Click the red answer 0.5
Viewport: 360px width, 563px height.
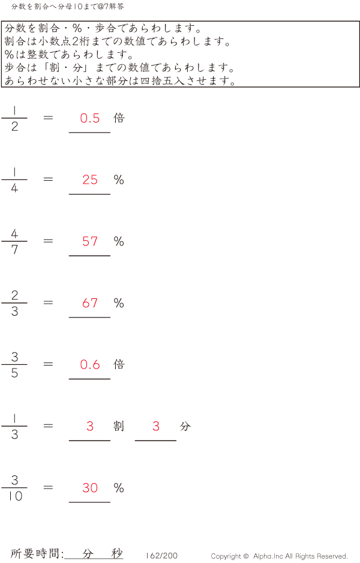click(90, 118)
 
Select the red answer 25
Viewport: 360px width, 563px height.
click(90, 180)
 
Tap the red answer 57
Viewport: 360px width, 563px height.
click(90, 241)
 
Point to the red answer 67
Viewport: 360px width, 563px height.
click(90, 303)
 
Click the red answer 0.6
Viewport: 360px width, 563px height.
click(90, 364)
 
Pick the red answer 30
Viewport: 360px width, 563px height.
click(90, 488)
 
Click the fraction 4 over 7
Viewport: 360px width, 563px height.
click(14, 241)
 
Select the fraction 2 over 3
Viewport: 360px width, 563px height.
click(14, 303)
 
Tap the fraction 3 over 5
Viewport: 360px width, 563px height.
click(14, 365)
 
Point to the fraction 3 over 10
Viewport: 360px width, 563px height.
click(14, 488)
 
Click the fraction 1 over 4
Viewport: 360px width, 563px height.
click(14, 180)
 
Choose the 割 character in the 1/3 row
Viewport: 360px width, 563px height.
click(119, 426)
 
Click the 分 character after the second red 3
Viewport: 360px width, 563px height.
click(185, 426)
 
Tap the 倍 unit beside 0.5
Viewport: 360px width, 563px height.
click(119, 118)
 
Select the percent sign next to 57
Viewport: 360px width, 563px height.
click(119, 241)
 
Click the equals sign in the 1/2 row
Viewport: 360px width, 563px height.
click(49, 118)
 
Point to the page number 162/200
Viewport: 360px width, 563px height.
click(161, 556)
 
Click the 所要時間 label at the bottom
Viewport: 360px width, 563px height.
click(37, 553)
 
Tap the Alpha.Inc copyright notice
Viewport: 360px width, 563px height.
click(279, 556)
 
